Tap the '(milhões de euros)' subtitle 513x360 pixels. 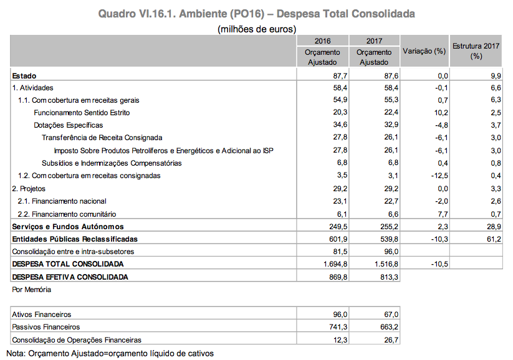[256, 29]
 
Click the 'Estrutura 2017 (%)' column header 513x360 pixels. [476, 51]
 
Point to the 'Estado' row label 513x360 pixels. [24, 75]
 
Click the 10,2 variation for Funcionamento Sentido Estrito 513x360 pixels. [440, 113]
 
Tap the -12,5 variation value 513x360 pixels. [438, 176]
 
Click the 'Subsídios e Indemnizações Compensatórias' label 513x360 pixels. [108, 163]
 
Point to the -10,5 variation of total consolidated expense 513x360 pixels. [438, 263]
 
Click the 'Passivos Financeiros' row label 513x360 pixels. [46, 327]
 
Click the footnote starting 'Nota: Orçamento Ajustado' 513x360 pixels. [110, 353]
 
